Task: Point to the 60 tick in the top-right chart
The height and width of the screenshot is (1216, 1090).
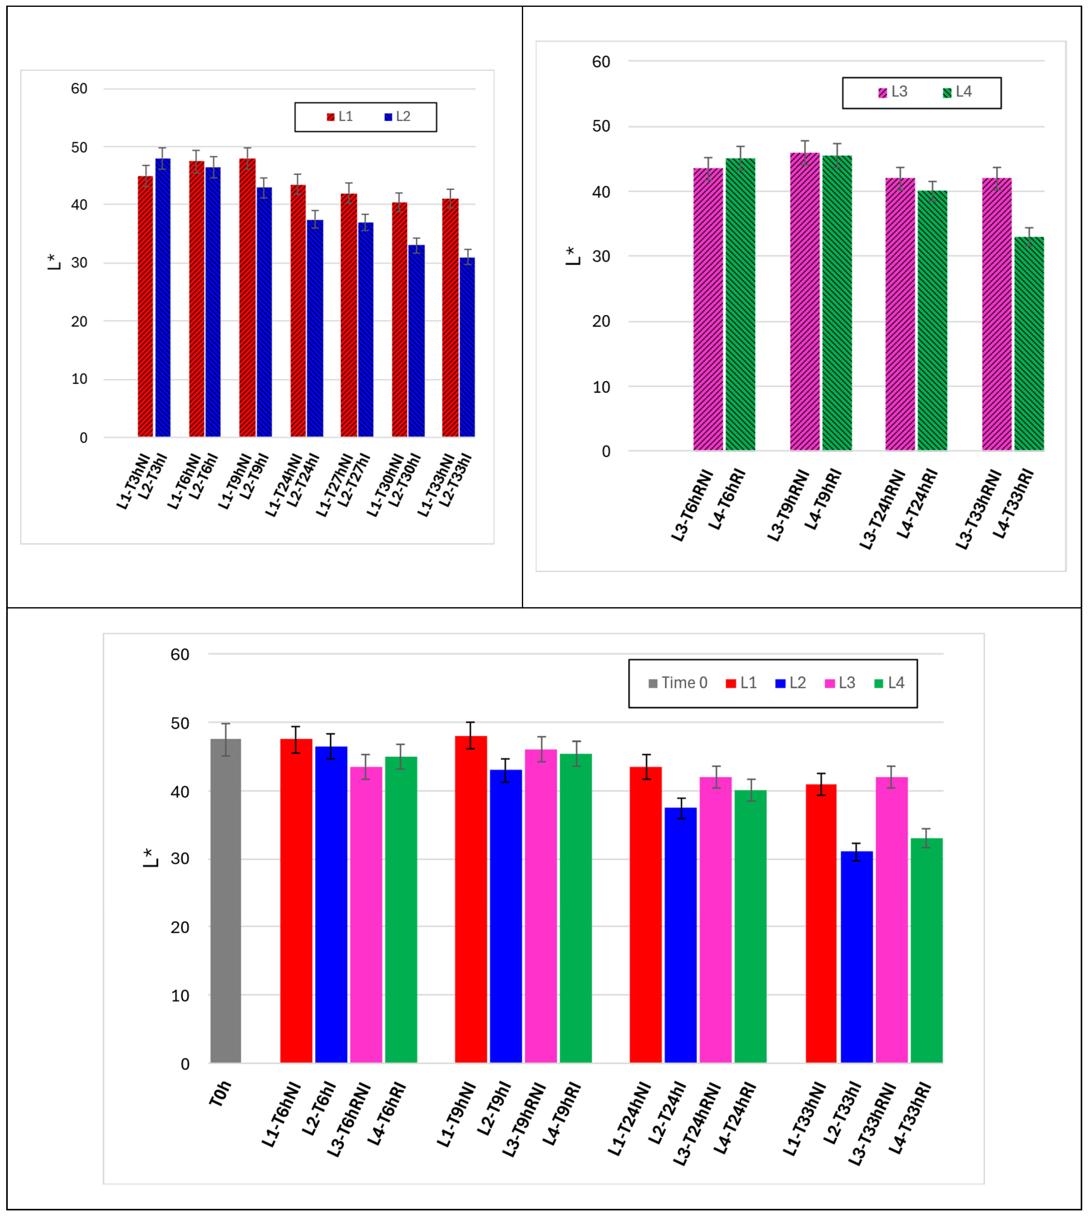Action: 601,62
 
